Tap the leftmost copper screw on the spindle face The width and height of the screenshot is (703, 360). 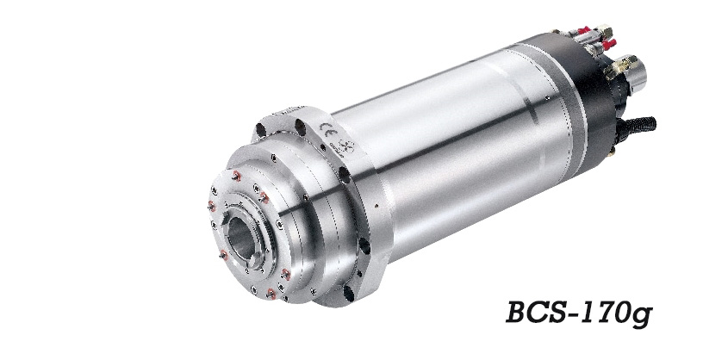[x=212, y=205]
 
